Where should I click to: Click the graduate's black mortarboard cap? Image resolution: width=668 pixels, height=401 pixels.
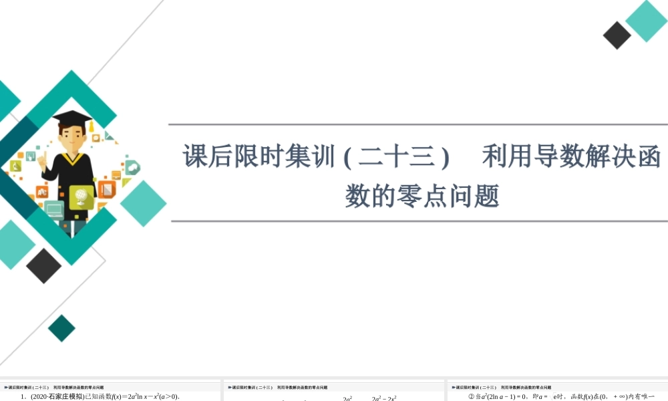(x=71, y=118)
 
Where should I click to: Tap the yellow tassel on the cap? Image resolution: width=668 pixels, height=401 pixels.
(x=88, y=128)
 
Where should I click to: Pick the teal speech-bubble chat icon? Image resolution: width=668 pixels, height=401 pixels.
(x=132, y=167)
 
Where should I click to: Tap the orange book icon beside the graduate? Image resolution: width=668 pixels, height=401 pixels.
(x=107, y=189)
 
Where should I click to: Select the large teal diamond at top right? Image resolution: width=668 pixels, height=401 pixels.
(x=646, y=21)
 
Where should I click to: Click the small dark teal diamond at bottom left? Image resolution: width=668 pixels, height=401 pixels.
(x=62, y=328)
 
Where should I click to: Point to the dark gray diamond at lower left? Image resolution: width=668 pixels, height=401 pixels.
(x=43, y=265)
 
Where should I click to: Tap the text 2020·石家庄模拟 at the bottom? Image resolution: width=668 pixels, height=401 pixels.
(x=57, y=397)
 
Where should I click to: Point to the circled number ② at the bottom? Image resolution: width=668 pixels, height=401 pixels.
(x=471, y=397)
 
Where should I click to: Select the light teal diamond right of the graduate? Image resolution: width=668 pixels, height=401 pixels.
(x=143, y=203)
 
